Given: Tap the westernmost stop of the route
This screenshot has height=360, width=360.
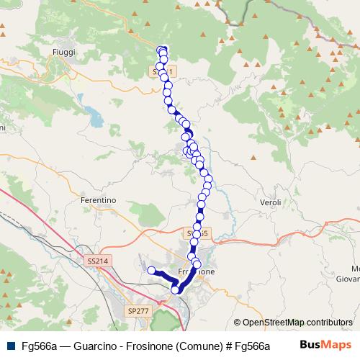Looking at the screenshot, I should click(x=152, y=271).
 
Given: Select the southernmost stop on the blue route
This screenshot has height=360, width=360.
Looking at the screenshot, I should click(x=175, y=289).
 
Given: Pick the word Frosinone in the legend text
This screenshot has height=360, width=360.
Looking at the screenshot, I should click(x=150, y=346).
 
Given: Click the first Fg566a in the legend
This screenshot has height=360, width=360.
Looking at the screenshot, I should click(x=39, y=346).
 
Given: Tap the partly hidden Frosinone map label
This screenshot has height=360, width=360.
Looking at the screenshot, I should click(x=197, y=273).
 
